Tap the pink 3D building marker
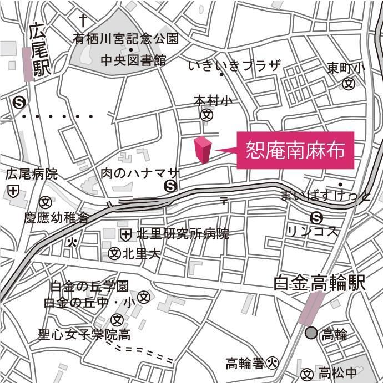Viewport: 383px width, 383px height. pos(203,150)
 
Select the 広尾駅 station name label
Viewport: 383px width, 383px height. pos(39,50)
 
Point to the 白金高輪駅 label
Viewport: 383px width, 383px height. pos(320,284)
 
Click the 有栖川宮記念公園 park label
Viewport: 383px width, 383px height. pos(127,39)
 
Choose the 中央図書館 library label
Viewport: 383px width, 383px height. pos(133,59)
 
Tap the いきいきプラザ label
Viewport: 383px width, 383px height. pos(235,67)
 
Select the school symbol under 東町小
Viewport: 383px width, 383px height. pos(349,84)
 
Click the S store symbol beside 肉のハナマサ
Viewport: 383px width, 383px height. pos(171,187)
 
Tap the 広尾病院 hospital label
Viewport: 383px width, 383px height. pos(32,174)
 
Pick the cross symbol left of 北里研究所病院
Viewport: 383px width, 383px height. pos(126,234)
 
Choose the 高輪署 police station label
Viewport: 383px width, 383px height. pos(245,364)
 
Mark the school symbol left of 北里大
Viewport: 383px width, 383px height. pos(114,254)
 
